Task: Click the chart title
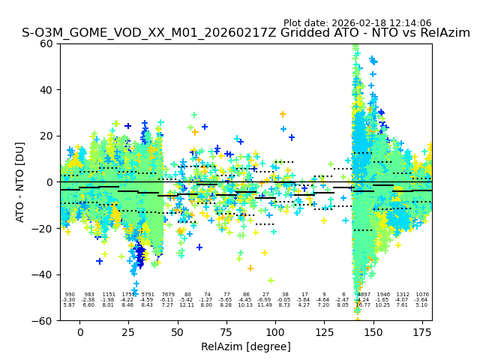coord(246,33)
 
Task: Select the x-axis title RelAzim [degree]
coord(246,346)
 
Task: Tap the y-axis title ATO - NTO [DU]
coord(20,182)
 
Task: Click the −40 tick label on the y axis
coord(43,274)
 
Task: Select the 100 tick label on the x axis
coord(275,331)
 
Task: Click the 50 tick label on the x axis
coord(178,331)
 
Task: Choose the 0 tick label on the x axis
coord(80,331)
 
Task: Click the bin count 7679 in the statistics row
coord(168,295)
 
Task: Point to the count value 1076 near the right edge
coord(422,295)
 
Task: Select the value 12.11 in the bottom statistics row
coord(187,305)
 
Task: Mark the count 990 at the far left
coord(70,295)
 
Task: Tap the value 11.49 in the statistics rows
coord(265,305)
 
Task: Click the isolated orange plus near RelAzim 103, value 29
coord(283,114)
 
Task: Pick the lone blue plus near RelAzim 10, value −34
coord(99,261)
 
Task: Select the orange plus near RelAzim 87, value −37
coord(250,268)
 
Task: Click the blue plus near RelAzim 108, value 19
coord(292,137)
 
